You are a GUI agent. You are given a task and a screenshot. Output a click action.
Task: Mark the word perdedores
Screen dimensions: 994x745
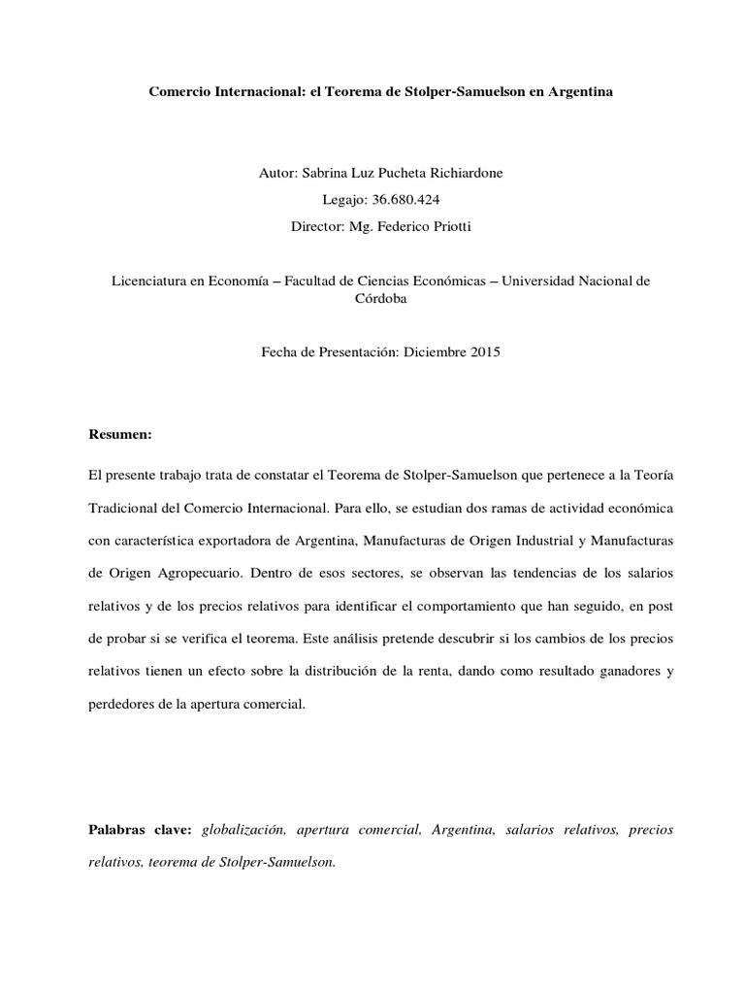point(124,706)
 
